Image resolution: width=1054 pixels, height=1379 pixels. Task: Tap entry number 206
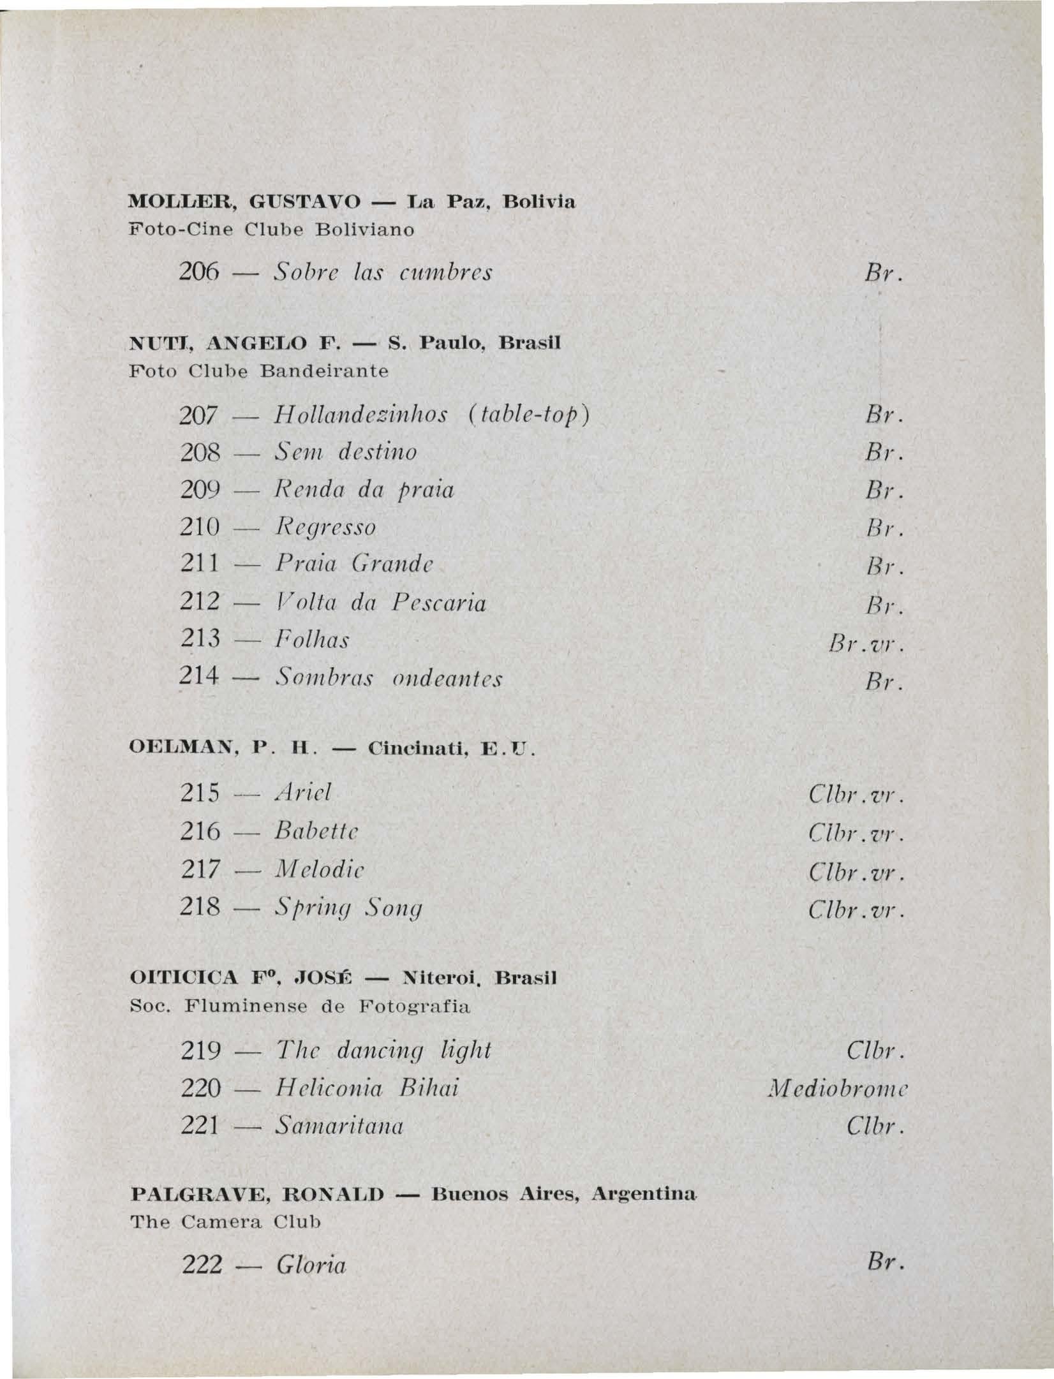pos(200,274)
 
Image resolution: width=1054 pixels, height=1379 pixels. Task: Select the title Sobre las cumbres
pos(383,274)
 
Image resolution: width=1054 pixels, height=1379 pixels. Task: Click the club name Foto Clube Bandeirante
pos(259,371)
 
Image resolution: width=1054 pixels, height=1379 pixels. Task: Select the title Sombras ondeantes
pos(389,679)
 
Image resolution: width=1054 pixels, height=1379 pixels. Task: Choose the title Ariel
pos(303,793)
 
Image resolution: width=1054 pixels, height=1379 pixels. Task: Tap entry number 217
pos(200,869)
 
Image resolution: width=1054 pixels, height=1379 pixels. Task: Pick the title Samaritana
pos(339,1126)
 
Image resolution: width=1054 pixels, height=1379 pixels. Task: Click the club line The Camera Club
pos(225,1223)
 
